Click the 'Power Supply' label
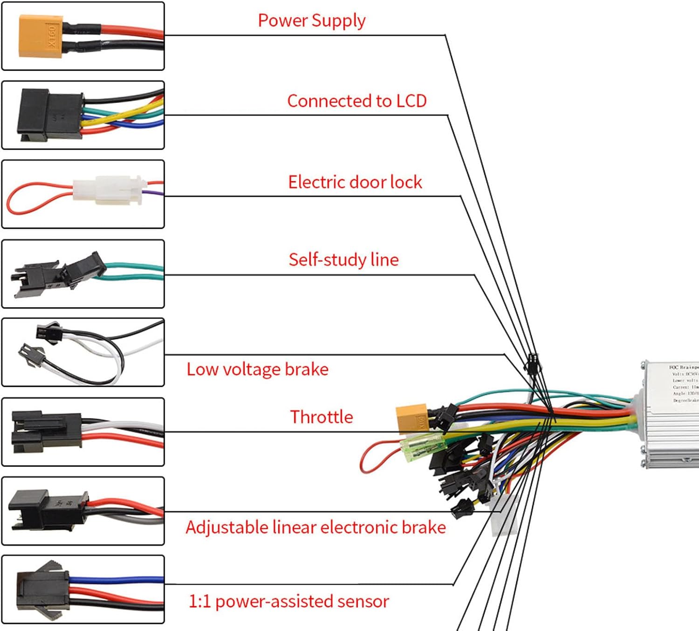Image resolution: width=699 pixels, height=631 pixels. click(x=311, y=21)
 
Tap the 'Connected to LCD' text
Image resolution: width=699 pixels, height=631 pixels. click(x=356, y=101)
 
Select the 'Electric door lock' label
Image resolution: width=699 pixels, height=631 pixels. click(x=355, y=182)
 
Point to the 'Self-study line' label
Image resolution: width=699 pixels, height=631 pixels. click(x=343, y=260)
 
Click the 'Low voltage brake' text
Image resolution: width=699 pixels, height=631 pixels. click(x=257, y=370)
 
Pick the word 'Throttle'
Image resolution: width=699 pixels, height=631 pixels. click(x=322, y=417)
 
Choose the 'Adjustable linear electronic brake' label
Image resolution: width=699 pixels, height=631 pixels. click(x=315, y=528)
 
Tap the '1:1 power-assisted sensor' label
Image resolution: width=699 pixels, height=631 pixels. click(x=288, y=602)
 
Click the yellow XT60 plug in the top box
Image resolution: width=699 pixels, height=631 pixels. click(x=41, y=36)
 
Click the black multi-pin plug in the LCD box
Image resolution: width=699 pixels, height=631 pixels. click(x=49, y=115)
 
